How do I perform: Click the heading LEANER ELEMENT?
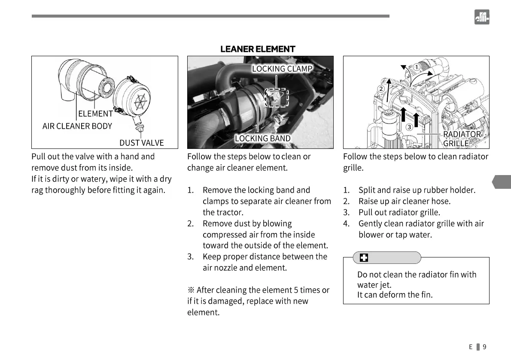click(x=258, y=49)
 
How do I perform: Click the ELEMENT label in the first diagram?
click(x=95, y=114)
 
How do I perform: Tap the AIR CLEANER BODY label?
click(x=77, y=126)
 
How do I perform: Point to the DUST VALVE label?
click(x=141, y=142)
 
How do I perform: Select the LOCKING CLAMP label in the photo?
click(x=282, y=69)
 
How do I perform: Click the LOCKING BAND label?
click(x=263, y=138)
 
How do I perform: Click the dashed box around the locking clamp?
click(x=277, y=95)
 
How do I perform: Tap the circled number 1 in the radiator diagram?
click(x=417, y=67)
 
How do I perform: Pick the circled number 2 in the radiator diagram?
click(x=380, y=89)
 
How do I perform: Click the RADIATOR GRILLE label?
click(x=462, y=139)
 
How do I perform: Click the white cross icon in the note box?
click(x=364, y=258)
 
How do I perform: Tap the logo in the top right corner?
click(x=482, y=17)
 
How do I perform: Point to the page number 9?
click(x=484, y=347)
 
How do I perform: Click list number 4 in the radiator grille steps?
click(x=347, y=224)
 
